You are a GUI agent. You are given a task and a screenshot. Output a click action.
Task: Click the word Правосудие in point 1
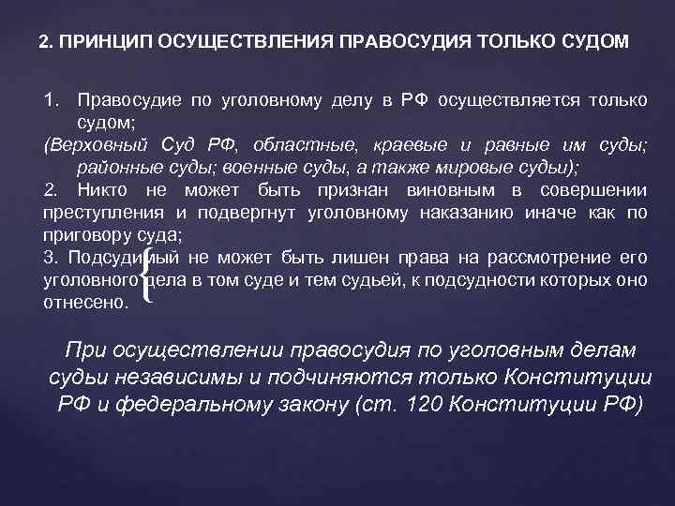127,101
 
